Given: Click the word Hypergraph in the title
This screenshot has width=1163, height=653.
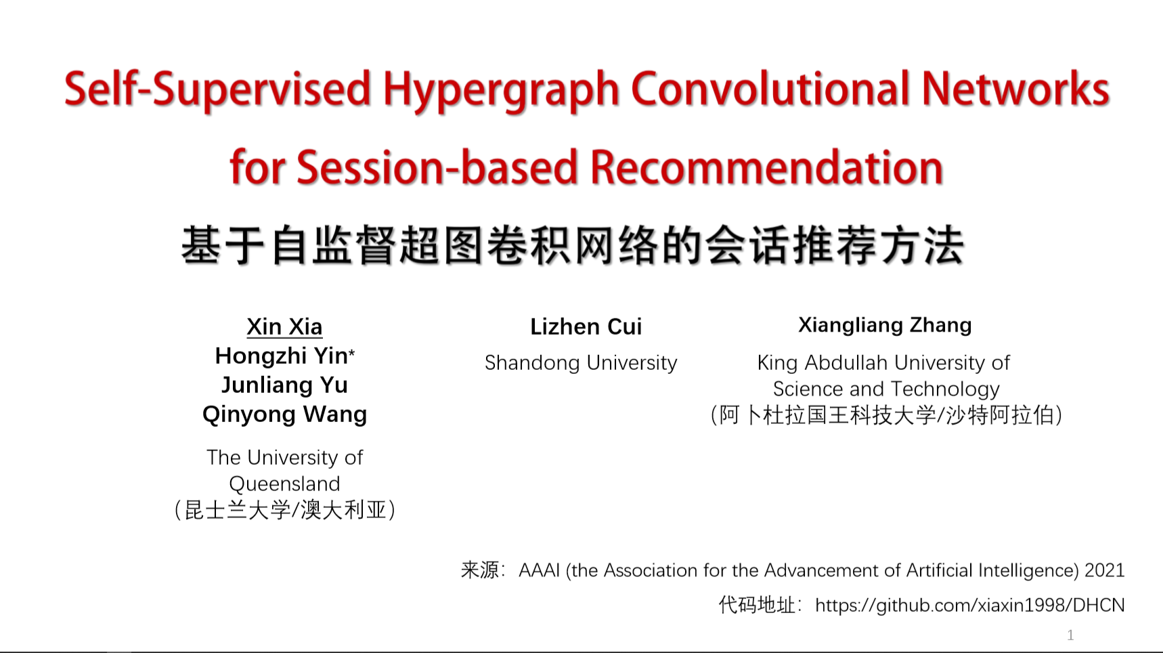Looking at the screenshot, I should [x=500, y=91].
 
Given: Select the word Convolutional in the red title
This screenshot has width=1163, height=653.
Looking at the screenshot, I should [x=770, y=89].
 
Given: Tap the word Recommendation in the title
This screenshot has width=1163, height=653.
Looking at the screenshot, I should [x=766, y=167].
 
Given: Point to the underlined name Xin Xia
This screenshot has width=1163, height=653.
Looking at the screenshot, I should [x=284, y=326].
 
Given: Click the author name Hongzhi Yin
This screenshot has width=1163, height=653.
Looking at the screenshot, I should [x=281, y=356].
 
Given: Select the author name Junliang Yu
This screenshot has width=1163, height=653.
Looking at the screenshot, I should [x=284, y=385].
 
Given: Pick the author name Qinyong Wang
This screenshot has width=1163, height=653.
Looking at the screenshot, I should [x=284, y=414].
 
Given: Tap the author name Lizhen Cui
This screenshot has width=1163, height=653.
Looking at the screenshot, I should [x=586, y=326].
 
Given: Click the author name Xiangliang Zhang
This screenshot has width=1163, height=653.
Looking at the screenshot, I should [x=885, y=325].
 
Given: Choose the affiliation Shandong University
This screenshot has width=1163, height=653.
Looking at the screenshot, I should [x=581, y=363].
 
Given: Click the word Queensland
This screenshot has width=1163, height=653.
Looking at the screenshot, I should [x=284, y=484].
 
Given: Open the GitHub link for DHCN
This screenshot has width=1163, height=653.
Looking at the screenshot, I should [x=969, y=605].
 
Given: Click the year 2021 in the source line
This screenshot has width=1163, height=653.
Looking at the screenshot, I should [x=1104, y=570].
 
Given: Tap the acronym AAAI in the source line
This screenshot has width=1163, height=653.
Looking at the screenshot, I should [x=540, y=570].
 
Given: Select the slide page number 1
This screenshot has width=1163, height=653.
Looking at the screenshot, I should [x=1070, y=635].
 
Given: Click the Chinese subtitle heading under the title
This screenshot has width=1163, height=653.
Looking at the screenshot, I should [x=573, y=245].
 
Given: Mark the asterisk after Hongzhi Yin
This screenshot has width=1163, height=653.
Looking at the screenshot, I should [x=352, y=352].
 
